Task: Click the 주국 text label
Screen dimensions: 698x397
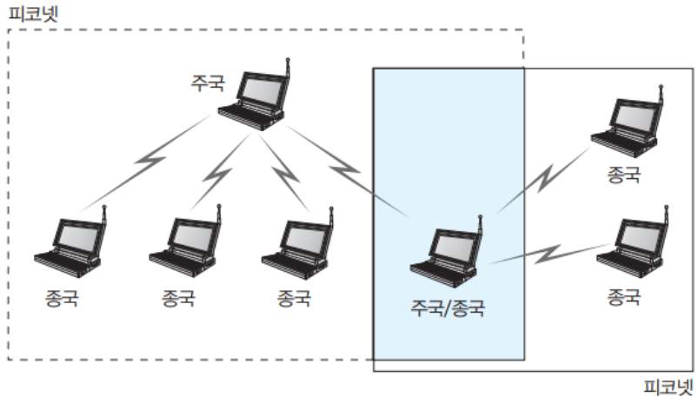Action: coord(207,84)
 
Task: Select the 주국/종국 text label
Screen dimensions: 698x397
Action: coord(448,306)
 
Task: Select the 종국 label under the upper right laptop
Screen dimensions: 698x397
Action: coord(624,175)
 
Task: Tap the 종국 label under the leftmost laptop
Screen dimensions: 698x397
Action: coord(62,299)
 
